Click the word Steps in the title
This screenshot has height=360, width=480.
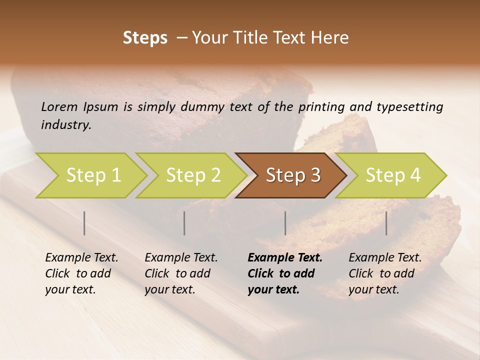pyautogui.click(x=145, y=38)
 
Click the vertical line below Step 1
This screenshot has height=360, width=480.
pyautogui.click(x=84, y=223)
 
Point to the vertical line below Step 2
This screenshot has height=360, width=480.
pyautogui.click(x=184, y=223)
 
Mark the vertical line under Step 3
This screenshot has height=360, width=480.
pyautogui.click(x=285, y=223)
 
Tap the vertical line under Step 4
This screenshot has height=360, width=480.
pyautogui.click(x=386, y=223)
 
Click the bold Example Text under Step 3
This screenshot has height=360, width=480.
pyautogui.click(x=285, y=258)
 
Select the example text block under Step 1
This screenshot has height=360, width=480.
pyautogui.click(x=81, y=273)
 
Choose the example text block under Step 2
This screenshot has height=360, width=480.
pyautogui.click(x=181, y=273)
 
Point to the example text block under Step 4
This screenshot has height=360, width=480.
pyautogui.click(x=385, y=273)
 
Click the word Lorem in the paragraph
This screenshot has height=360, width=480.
pyautogui.click(x=59, y=106)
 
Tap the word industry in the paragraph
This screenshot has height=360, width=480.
pyautogui.click(x=66, y=125)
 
